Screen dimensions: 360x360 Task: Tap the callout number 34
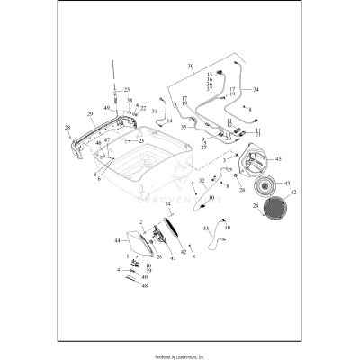pyautogui.click(x=256, y=90)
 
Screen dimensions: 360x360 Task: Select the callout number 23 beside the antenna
pyautogui.click(x=127, y=90)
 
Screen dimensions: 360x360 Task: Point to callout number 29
pyautogui.click(x=90, y=114)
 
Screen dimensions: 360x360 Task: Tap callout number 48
pyautogui.click(x=144, y=285)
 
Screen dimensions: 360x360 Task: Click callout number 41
pyautogui.click(x=119, y=270)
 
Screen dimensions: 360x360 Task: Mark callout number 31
pyautogui.click(x=154, y=111)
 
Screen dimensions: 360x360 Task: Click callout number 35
pyautogui.click(x=184, y=129)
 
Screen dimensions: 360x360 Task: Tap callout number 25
pyautogui.click(x=140, y=141)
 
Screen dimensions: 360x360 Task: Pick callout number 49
pyautogui.click(x=105, y=108)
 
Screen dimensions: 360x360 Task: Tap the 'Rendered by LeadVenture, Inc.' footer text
pyautogui.click(x=180, y=355)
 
